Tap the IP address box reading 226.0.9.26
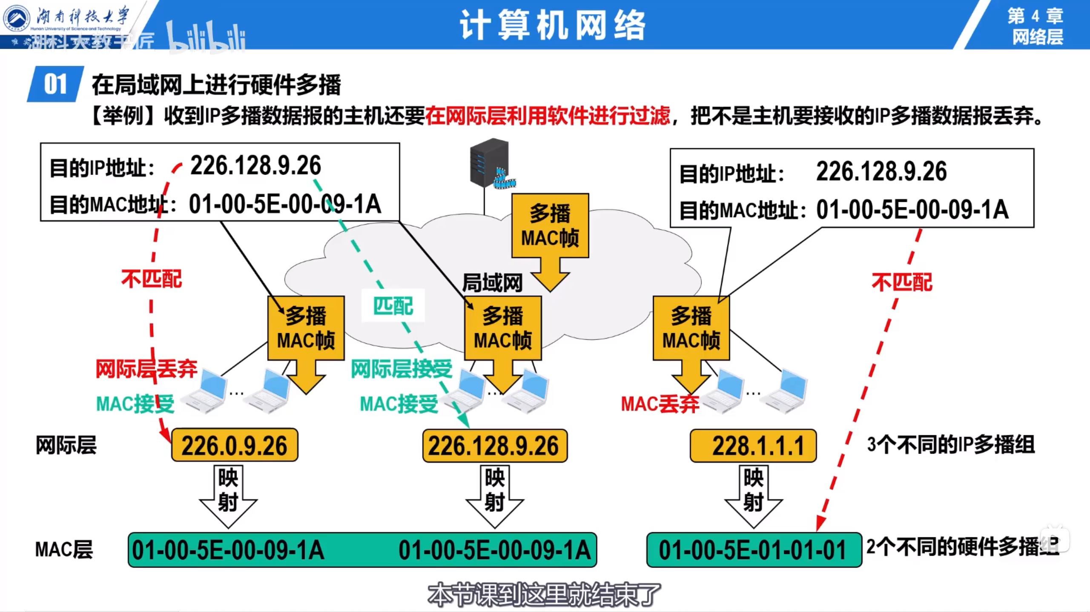(235, 445)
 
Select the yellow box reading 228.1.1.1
(753, 446)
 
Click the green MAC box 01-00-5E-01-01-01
(753, 550)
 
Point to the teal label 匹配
(393, 306)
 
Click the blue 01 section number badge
(55, 84)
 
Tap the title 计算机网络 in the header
(553, 26)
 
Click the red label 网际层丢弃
(146, 369)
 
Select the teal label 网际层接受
(401, 369)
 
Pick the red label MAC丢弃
(660, 404)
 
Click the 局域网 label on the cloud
(492, 283)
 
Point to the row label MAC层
(64, 549)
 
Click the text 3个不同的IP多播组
(951, 445)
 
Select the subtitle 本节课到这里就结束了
(544, 595)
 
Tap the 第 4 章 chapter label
(1035, 16)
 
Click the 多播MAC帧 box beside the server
(550, 225)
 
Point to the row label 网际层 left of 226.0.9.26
(66, 445)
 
